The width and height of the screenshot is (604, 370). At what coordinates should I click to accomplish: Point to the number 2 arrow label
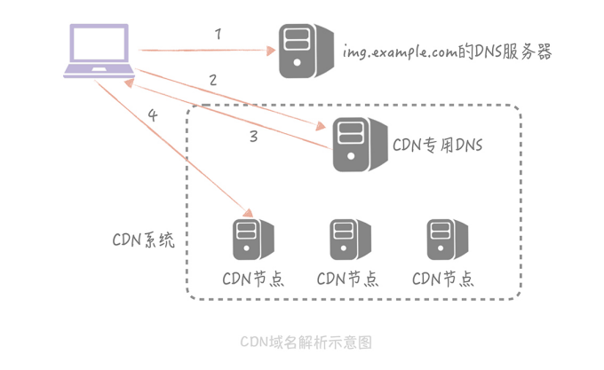click(212, 80)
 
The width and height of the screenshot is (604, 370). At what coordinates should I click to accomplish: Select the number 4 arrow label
click(153, 116)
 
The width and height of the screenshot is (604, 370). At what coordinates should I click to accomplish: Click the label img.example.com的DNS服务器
click(448, 52)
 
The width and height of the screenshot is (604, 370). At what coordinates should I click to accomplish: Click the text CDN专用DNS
click(438, 145)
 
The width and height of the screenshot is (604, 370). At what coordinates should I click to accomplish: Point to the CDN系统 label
click(143, 240)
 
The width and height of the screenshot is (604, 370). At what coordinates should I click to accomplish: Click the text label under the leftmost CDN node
click(253, 278)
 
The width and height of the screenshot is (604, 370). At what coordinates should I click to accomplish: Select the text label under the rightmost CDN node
click(442, 278)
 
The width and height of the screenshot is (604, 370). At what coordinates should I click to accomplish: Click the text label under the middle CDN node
click(347, 278)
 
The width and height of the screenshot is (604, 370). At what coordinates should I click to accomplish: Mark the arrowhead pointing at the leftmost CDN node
click(246, 211)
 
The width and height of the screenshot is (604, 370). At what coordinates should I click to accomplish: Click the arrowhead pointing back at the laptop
click(130, 83)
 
